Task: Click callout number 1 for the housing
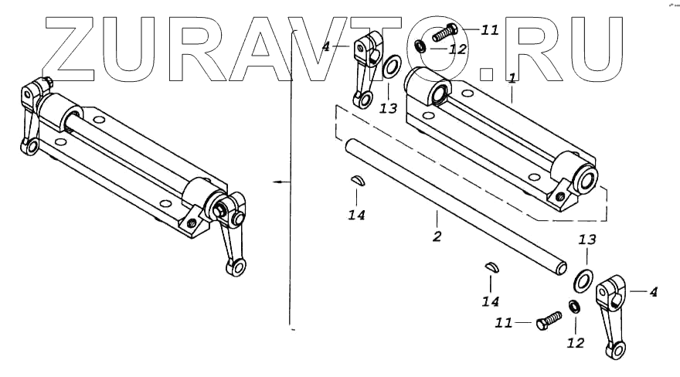512,78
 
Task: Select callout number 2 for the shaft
437,236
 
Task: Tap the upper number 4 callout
326,47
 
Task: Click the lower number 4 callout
654,292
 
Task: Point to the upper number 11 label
490,30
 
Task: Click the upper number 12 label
458,49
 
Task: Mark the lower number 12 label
576,342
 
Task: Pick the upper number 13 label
388,109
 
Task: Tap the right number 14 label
491,301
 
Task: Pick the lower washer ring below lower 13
584,277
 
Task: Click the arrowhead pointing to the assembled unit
276,182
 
